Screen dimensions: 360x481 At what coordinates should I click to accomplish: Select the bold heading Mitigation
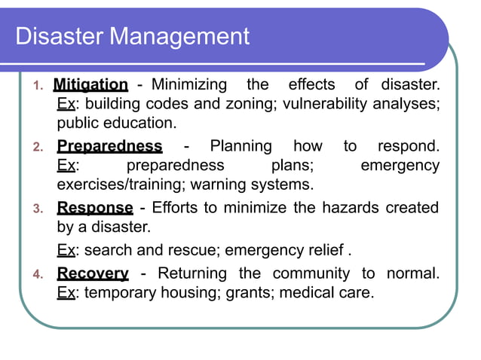tap(91, 84)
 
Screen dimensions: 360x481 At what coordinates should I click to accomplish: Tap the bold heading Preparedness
tap(109, 146)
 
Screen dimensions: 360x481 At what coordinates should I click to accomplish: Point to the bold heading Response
tap(95, 208)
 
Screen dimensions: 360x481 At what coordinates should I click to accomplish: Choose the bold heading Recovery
tap(93, 273)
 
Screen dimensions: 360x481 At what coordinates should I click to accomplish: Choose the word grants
tap(247, 291)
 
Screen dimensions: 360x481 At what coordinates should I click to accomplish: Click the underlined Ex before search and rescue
tap(66, 250)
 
